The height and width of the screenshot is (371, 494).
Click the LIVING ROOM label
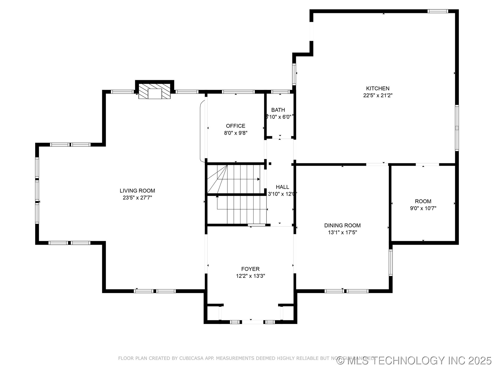pyautogui.click(x=137, y=191)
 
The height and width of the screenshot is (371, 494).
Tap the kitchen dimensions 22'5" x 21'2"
pyautogui.click(x=378, y=95)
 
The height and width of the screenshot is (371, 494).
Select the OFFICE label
pyautogui.click(x=235, y=126)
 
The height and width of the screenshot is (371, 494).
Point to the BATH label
pyautogui.click(x=278, y=110)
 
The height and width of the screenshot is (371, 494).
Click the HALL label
pyautogui.click(x=282, y=187)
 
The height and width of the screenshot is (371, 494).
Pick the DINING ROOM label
pyautogui.click(x=342, y=225)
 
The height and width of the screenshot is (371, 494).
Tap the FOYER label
pyautogui.click(x=250, y=269)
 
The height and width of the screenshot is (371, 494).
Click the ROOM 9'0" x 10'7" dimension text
pyautogui.click(x=423, y=208)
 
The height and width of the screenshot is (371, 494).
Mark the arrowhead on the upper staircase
pyautogui.click(x=258, y=179)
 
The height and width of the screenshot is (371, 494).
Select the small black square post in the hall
pyautogui.click(x=270, y=163)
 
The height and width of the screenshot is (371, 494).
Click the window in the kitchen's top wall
pyautogui.click(x=438, y=11)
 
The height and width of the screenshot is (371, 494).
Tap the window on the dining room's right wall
pyautogui.click(x=391, y=263)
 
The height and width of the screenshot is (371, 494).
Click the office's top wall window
pyautogui.click(x=238, y=92)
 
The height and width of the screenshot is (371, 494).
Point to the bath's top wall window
pyautogui.click(x=280, y=92)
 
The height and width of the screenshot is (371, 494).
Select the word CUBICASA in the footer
pyautogui.click(x=190, y=358)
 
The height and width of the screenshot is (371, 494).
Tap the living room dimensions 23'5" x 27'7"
pyautogui.click(x=137, y=198)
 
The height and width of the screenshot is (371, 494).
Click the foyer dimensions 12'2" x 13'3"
pyautogui.click(x=250, y=276)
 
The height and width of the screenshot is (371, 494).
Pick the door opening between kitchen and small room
pyautogui.click(x=427, y=164)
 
